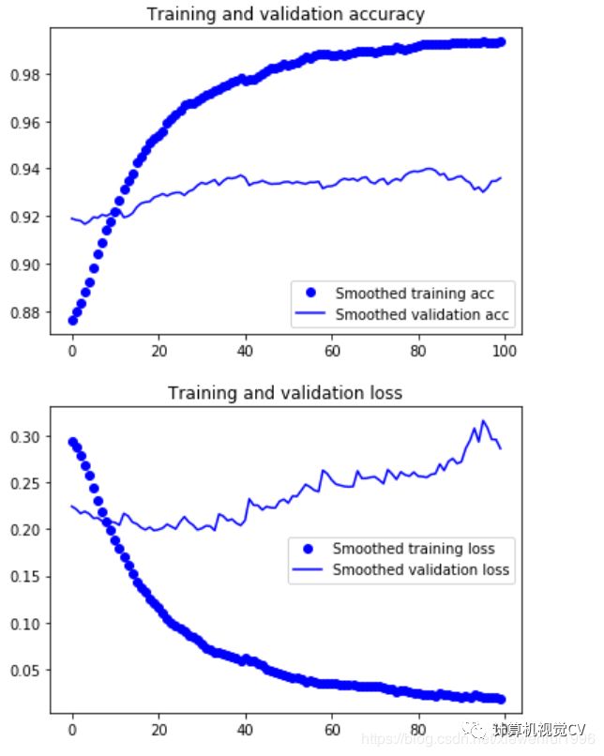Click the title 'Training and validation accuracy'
point(285,14)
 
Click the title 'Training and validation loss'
point(285,392)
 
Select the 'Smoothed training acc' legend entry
point(414,294)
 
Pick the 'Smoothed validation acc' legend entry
point(421,314)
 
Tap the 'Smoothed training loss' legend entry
point(414,549)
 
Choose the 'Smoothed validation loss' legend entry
point(421,569)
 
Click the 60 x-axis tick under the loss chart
point(331,728)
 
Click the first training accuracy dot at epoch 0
point(72,321)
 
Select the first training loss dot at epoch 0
point(72,442)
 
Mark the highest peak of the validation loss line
point(484,422)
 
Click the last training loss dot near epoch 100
point(501,699)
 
